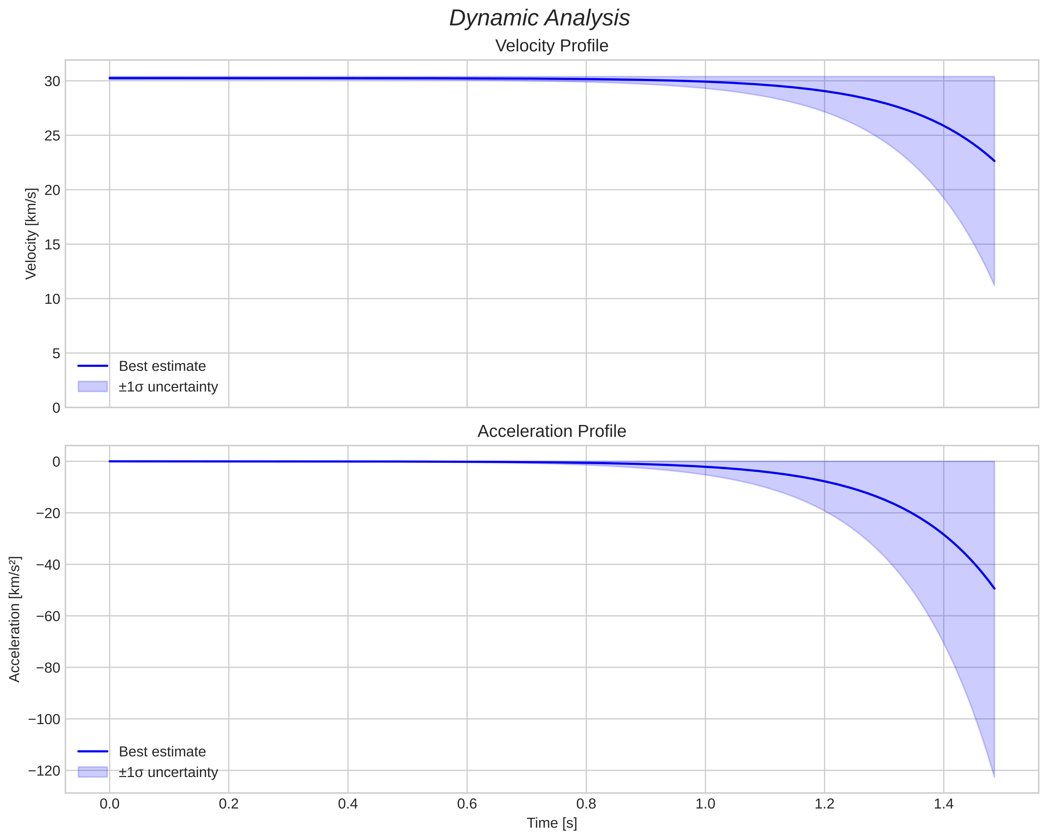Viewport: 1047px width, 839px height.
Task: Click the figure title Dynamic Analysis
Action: [539, 18]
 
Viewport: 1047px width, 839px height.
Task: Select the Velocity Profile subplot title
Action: [552, 46]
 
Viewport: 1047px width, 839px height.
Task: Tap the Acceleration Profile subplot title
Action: [552, 431]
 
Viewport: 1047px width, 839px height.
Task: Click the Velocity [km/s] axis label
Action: [31, 234]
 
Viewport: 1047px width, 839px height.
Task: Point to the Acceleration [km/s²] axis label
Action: [15, 620]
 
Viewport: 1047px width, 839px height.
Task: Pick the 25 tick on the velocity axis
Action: [52, 135]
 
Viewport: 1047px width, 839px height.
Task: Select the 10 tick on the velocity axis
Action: [52, 299]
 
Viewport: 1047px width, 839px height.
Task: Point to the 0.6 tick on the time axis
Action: [467, 804]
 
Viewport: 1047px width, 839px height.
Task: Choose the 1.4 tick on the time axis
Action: [943, 804]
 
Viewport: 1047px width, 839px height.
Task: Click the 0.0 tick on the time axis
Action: [110, 804]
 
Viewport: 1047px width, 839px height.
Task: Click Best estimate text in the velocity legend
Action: [162, 366]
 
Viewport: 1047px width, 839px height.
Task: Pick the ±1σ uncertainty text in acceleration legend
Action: [168, 772]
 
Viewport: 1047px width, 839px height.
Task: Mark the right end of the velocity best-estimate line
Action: [994, 161]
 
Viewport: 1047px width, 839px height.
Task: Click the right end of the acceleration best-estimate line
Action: [994, 588]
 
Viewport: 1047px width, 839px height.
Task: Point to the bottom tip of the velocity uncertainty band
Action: [994, 285]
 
